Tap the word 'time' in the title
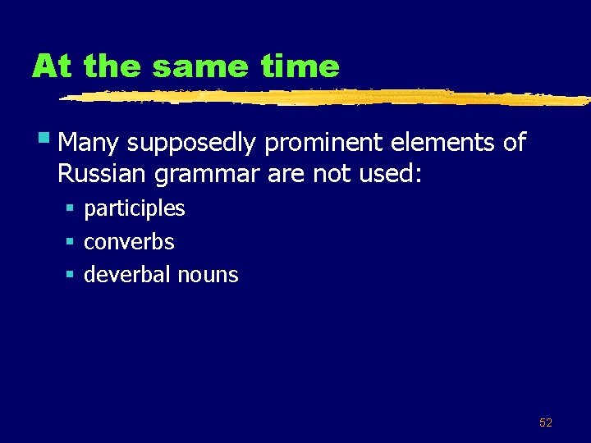(300, 66)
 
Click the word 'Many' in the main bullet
(89, 143)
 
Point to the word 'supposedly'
(193, 144)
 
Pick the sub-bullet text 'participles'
(135, 208)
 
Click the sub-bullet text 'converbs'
(129, 241)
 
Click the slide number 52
(545, 422)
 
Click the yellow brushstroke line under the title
(328, 98)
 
